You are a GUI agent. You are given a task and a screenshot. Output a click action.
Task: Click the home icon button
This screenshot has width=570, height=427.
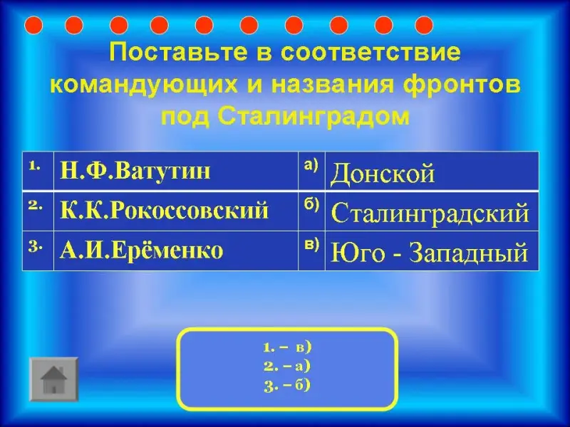click(x=54, y=379)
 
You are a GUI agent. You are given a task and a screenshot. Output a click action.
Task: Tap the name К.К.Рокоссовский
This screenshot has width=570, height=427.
click(x=165, y=211)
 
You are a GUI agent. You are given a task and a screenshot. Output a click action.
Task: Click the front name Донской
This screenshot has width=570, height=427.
click(x=383, y=174)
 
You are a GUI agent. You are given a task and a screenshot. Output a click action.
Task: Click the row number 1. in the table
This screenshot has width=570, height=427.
click(x=34, y=166)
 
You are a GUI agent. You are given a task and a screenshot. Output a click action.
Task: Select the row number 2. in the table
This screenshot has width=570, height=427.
click(x=36, y=206)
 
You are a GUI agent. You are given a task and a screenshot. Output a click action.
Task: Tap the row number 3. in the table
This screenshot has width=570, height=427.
click(x=36, y=246)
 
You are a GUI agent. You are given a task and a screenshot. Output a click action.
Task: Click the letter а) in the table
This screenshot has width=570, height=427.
click(x=311, y=165)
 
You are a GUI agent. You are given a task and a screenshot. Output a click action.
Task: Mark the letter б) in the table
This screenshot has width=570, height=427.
click(x=311, y=205)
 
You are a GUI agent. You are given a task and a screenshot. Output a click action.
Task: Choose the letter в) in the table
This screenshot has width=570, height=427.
click(x=311, y=245)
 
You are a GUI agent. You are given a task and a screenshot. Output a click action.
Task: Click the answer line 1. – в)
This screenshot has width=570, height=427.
click(x=288, y=347)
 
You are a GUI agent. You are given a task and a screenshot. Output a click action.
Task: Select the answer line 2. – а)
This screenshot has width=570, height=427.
click(x=287, y=367)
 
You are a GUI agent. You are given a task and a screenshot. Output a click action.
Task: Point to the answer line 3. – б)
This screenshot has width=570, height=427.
click(x=287, y=386)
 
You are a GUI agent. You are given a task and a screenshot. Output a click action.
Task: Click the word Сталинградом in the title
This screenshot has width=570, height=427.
click(x=314, y=116)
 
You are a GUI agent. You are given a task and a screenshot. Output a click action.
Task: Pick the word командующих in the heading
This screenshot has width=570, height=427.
click(x=144, y=85)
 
